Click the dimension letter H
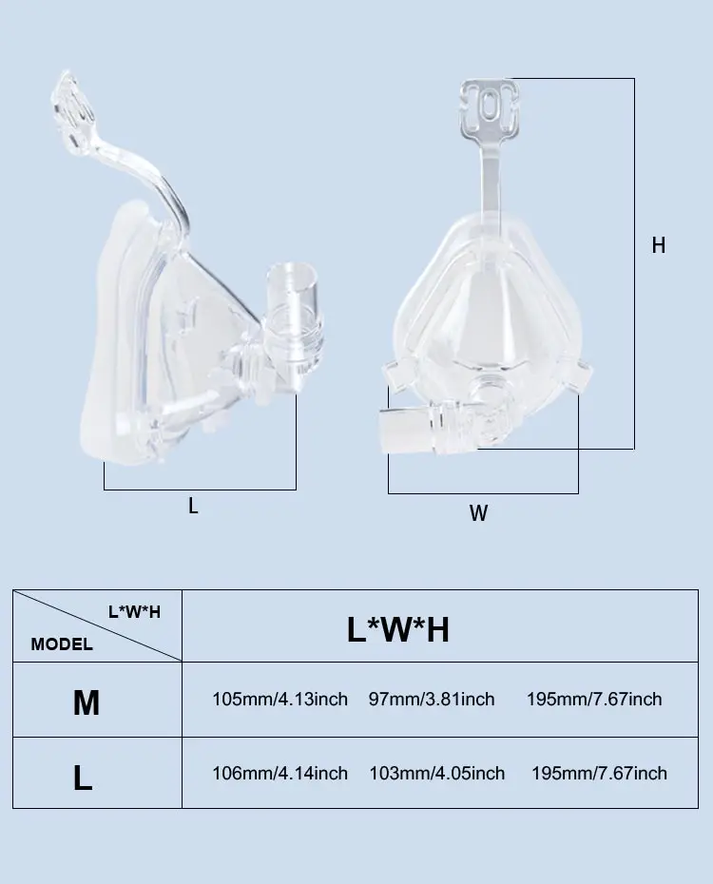click(x=658, y=245)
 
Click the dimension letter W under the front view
click(x=478, y=513)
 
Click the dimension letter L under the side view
click(x=193, y=507)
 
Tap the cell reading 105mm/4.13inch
click(x=279, y=699)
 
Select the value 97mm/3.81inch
click(x=432, y=699)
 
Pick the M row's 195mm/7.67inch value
click(x=594, y=699)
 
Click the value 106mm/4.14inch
click(x=279, y=773)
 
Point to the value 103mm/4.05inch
click(x=436, y=773)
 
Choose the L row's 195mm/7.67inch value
click(x=599, y=773)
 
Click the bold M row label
click(x=87, y=703)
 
